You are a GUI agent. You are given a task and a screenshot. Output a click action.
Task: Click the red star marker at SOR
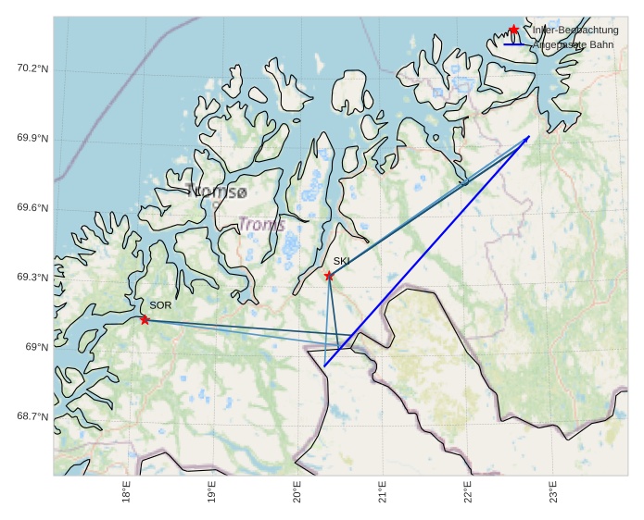click(145, 319)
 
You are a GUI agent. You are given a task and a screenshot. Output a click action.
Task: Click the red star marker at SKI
click(329, 276)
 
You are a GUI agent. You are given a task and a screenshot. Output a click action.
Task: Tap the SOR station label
click(160, 304)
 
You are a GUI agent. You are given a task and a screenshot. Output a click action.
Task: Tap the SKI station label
click(342, 261)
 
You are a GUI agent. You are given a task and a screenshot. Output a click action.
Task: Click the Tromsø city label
click(217, 192)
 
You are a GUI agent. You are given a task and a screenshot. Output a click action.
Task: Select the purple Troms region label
click(262, 224)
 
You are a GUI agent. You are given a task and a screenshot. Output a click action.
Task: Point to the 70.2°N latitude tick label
click(32, 68)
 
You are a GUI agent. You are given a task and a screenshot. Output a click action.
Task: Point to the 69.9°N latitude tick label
click(32, 139)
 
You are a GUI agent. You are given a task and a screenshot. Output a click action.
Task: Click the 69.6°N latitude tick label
click(32, 208)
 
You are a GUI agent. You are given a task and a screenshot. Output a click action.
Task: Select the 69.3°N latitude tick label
click(32, 278)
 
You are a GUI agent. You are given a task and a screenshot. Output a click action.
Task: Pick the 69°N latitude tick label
click(36, 347)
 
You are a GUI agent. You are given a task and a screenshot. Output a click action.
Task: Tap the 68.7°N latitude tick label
click(32, 416)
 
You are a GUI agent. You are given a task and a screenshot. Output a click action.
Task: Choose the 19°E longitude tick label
click(211, 491)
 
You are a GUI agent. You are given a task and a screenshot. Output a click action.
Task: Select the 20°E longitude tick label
click(297, 491)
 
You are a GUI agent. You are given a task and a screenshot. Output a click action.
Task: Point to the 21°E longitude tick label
click(383, 491)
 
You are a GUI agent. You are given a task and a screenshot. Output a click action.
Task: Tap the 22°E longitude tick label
click(468, 491)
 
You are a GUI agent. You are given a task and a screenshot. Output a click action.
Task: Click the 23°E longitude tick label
click(553, 491)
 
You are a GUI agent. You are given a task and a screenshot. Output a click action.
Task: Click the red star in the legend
click(514, 31)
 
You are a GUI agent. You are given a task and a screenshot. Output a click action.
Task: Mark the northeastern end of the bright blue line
click(529, 137)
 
